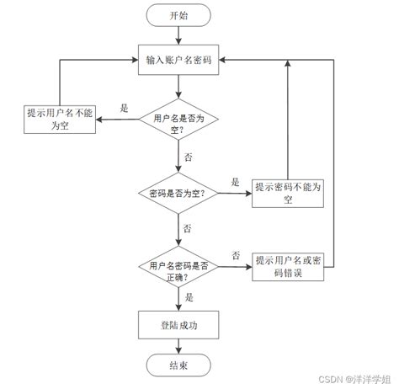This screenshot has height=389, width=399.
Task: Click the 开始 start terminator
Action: coord(178,15)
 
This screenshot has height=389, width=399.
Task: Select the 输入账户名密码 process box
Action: coord(178,59)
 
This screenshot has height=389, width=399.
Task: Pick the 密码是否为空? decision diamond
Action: coord(178,193)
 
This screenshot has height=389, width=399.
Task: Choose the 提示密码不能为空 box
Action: coord(287,193)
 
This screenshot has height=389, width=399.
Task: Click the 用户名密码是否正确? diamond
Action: coord(178,269)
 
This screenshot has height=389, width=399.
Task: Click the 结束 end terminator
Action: coord(178,365)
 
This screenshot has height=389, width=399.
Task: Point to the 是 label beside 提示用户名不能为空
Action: coord(125,108)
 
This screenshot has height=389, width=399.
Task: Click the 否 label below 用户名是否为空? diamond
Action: coord(188,157)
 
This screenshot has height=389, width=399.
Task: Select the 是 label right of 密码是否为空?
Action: coord(236,182)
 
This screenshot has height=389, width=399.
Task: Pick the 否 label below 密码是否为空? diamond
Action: coord(188,228)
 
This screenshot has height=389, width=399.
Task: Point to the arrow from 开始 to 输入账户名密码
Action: coord(178,35)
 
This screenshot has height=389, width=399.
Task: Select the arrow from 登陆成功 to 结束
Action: coord(178,345)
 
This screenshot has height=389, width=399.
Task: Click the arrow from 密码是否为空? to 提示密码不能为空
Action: coord(233,193)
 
